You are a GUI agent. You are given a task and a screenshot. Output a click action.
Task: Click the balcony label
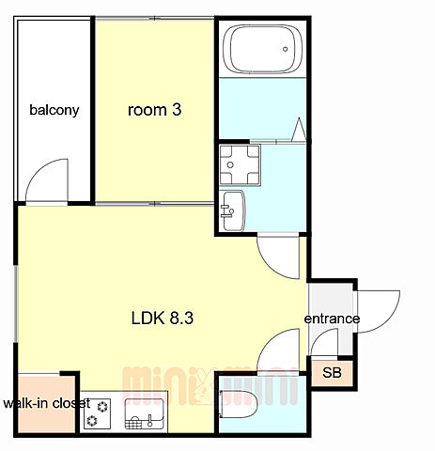pyautogui.click(x=54, y=110)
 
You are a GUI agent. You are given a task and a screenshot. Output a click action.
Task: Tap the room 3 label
pyautogui.click(x=154, y=110)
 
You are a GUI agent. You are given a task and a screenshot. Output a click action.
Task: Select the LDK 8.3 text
pyautogui.click(x=163, y=319)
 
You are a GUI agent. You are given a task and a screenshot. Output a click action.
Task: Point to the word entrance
pyautogui.click(x=332, y=319)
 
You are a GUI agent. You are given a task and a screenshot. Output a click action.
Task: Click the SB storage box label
pyautogui.click(x=332, y=373)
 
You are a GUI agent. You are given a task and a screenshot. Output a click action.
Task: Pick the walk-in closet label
pyautogui.click(x=47, y=403)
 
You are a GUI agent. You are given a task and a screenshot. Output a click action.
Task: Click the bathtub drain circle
pyautogui.click(x=285, y=49)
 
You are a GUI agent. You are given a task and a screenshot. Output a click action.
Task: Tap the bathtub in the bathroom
pyautogui.click(x=262, y=50)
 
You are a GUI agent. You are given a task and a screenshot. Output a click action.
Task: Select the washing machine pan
pyautogui.click(x=240, y=165)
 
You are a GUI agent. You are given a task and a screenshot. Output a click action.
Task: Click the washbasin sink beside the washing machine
pyautogui.click(x=232, y=210)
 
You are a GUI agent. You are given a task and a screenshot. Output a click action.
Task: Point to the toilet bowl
pyautogui.click(x=239, y=404)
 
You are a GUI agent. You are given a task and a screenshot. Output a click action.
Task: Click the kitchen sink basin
pyautogui.click(x=145, y=413)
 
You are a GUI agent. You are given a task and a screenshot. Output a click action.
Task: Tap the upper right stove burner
pyautogui.click(x=102, y=407)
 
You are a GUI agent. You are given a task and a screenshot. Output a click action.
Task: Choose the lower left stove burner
pyautogui.click(x=92, y=420)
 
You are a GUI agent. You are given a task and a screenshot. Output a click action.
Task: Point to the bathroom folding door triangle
pyautogui.click(x=299, y=130)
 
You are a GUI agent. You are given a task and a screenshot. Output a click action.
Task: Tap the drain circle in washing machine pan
pyautogui.click(x=230, y=164)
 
